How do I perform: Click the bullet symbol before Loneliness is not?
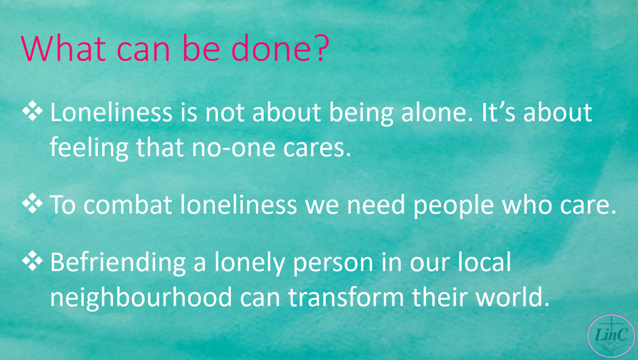click(32, 111)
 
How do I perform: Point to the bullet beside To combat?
click(32, 204)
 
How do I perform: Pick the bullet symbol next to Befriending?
click(32, 261)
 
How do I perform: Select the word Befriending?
click(118, 263)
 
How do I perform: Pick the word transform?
click(346, 297)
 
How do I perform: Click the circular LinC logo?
click(611, 336)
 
